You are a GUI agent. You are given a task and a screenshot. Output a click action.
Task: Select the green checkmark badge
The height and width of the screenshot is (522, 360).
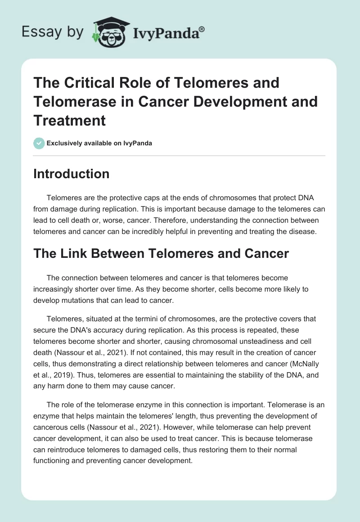point(39,143)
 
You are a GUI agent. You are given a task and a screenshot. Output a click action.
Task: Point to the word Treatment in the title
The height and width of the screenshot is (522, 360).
point(70,120)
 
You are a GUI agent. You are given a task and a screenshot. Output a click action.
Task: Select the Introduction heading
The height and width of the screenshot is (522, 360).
point(71,174)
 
